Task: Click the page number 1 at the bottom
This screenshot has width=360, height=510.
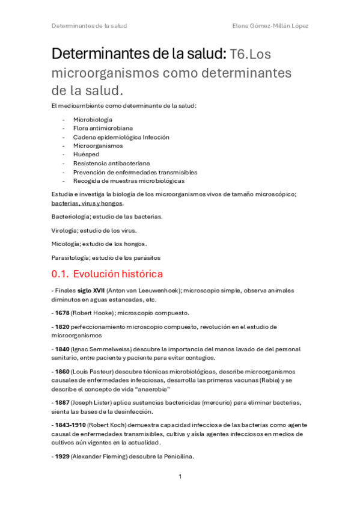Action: (x=180, y=476)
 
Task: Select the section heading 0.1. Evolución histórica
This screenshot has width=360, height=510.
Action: (x=107, y=274)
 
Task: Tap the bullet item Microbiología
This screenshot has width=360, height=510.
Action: (x=93, y=120)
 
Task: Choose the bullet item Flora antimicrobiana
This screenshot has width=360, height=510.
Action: (x=103, y=128)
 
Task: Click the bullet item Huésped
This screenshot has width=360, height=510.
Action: (x=87, y=155)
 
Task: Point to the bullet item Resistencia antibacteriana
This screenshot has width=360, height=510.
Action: (x=111, y=163)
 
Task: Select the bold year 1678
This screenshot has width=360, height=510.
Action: (x=62, y=313)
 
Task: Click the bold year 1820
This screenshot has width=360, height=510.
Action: (x=62, y=327)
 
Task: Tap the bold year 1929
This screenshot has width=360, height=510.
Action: (x=62, y=456)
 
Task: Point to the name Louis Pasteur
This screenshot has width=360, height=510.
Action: (x=94, y=372)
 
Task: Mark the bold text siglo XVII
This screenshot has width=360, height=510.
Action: (x=90, y=290)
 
